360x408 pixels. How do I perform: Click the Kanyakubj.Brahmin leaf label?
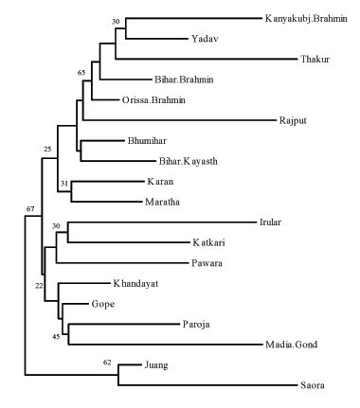click(x=307, y=18)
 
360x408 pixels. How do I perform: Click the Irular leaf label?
click(x=270, y=222)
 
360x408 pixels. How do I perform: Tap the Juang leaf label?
click(x=157, y=364)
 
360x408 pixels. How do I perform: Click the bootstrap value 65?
click(x=81, y=71)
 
